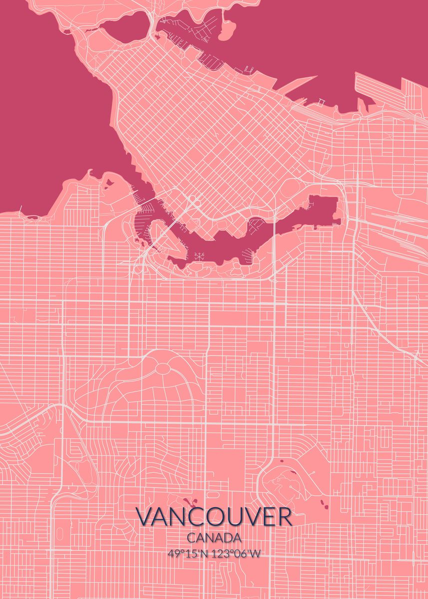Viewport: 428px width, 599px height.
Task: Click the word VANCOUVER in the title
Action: point(214,518)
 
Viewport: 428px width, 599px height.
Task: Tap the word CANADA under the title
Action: point(214,538)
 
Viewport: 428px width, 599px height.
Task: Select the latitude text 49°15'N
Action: point(190,554)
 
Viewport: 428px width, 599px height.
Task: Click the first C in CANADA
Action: point(191,538)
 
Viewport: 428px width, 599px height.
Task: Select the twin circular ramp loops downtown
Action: point(194,201)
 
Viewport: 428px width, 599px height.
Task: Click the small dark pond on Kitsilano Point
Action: point(109,183)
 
